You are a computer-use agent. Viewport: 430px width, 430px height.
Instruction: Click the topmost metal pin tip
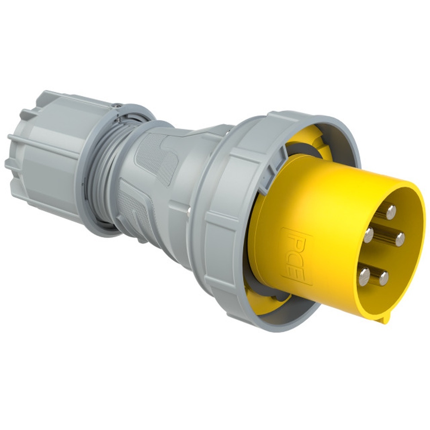(x=391, y=212)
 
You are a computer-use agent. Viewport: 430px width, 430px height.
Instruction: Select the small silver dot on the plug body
(x=189, y=210)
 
